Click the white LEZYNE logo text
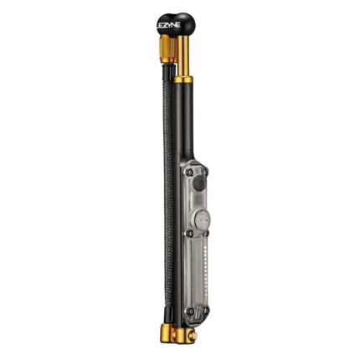coord(168,25)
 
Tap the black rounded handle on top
coord(176,24)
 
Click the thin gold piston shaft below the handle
coord(183,57)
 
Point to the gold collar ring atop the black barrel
coord(183,80)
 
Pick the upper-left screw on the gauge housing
coord(190,172)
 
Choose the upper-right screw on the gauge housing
coord(205,172)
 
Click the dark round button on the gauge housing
coord(198,184)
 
